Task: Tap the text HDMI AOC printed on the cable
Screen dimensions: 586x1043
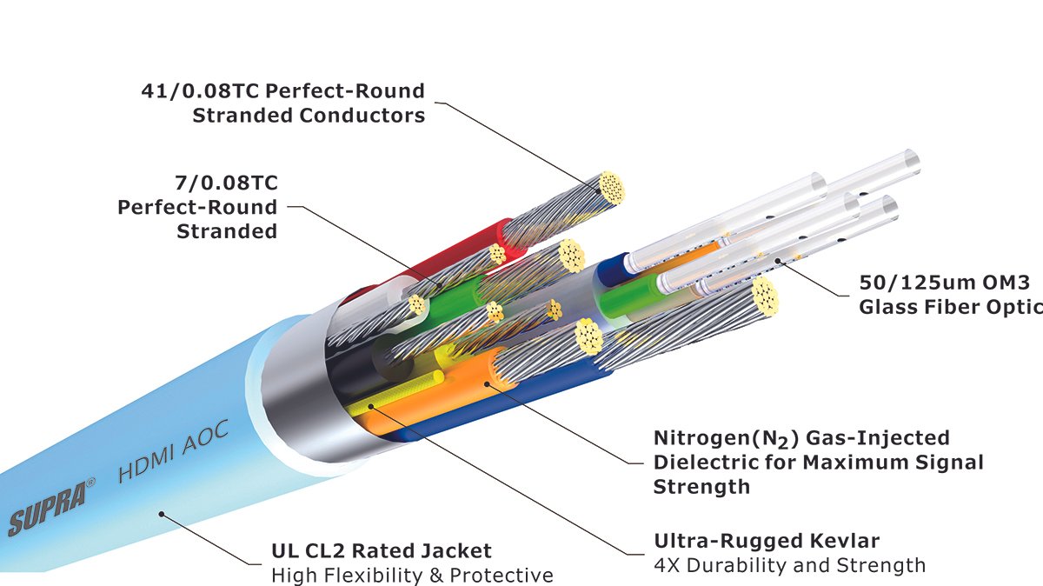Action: pyautogui.click(x=173, y=457)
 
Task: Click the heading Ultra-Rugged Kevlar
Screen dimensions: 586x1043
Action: pyautogui.click(x=767, y=542)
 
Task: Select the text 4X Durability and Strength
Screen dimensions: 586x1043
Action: pyautogui.click(x=789, y=566)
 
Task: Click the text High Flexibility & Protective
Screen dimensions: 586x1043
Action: pyautogui.click(x=412, y=575)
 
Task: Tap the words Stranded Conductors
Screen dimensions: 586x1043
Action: pyautogui.click(x=309, y=115)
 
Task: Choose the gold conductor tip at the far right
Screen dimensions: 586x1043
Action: pyautogui.click(x=765, y=296)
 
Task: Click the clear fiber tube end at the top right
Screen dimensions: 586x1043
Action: pyautogui.click(x=907, y=160)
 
